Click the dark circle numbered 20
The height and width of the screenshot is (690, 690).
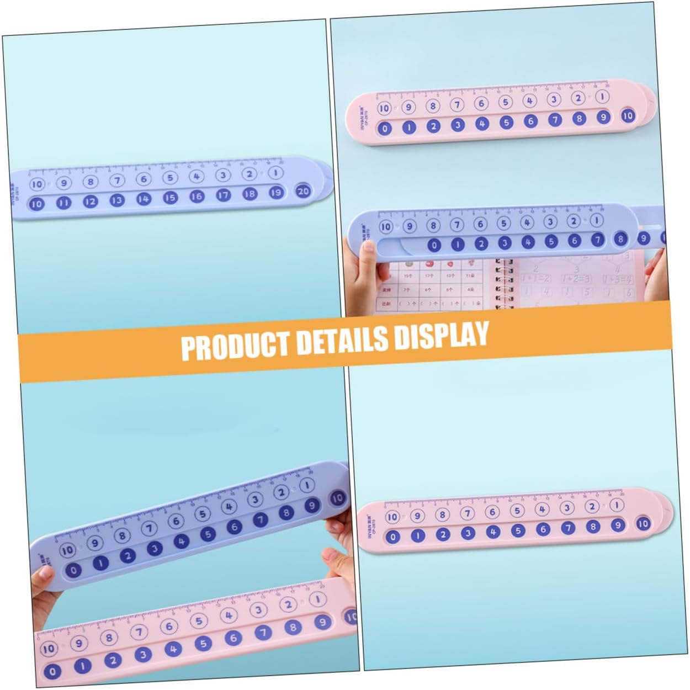[303, 191]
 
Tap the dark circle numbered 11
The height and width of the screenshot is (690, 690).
[63, 203]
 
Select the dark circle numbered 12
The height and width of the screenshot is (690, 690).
[90, 201]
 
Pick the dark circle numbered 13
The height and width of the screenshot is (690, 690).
[116, 200]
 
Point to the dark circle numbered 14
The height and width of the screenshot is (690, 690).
[144, 198]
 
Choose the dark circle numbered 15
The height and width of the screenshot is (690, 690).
[170, 197]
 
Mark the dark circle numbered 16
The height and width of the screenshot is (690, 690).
[197, 196]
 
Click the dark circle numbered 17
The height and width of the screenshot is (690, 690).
[223, 195]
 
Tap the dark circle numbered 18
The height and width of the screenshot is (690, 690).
[250, 194]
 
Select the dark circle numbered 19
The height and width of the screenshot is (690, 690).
[276, 192]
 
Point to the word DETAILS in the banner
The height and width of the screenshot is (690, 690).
[342, 340]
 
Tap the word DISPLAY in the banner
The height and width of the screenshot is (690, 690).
[441, 335]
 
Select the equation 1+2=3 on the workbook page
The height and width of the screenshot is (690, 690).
[576, 279]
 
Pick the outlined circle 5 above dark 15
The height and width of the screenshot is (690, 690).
[170, 178]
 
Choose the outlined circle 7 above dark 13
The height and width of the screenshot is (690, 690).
[116, 180]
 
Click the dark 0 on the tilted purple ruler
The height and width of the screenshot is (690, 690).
[73, 570]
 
